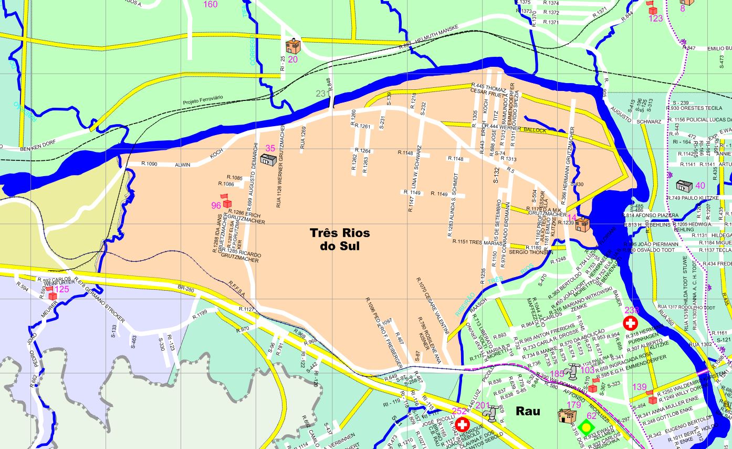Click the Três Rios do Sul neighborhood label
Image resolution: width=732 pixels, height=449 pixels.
coord(339,239)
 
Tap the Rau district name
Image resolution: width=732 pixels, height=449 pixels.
coord(528,411)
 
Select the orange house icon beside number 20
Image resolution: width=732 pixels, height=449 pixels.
coord(293,46)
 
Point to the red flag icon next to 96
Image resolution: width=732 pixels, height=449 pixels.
coord(226,201)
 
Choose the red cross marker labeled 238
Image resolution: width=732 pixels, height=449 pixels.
coord(630,322)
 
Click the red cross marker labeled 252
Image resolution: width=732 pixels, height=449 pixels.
coord(462,424)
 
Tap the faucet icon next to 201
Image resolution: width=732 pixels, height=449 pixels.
coord(489,415)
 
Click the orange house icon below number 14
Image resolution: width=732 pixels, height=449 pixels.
coord(582,225)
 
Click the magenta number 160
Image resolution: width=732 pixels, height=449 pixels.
coord(210,5)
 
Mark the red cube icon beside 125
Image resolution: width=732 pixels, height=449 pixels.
coord(53,296)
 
